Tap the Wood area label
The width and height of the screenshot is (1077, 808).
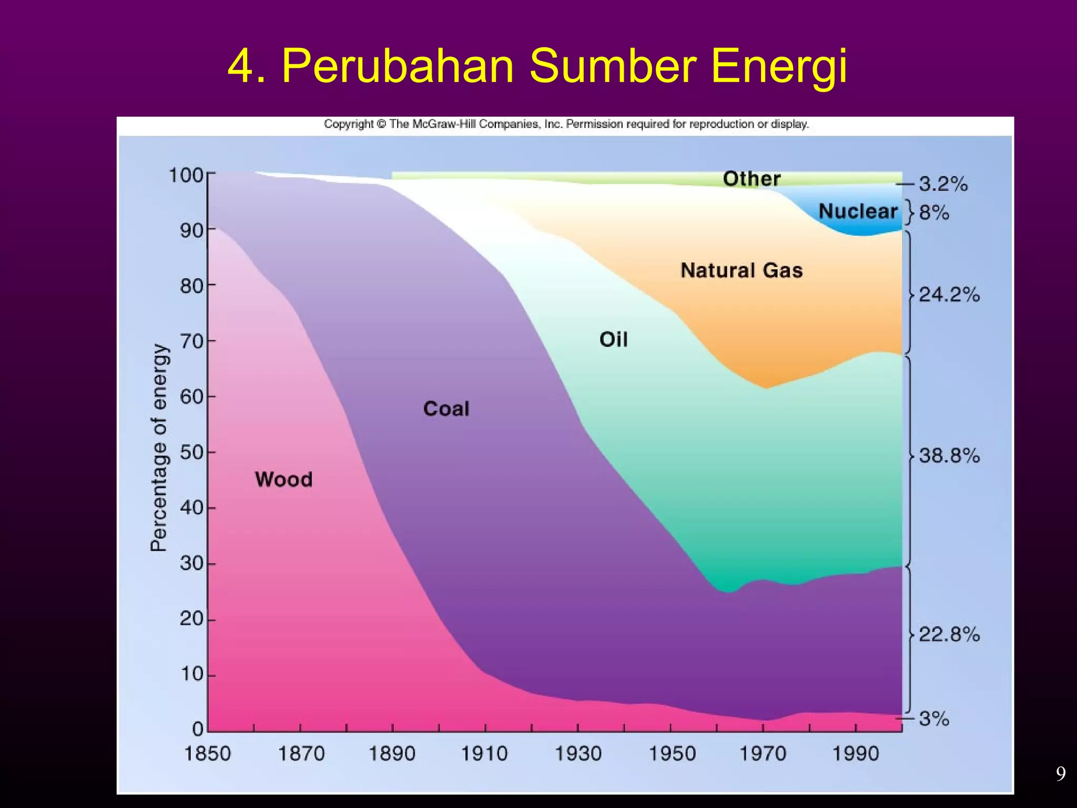pos(283,479)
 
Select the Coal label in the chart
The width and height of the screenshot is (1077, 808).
pos(446,409)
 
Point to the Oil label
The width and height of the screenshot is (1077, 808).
pos(613,339)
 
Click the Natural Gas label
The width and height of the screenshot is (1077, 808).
pos(741,270)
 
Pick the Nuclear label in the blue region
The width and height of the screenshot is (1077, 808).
pos(858,211)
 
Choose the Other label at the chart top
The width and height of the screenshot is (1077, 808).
pos(751,179)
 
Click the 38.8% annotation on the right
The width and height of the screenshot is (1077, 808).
pos(949,456)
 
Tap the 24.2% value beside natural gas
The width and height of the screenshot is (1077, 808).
pos(949,295)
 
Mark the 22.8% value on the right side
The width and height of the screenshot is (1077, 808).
pos(949,634)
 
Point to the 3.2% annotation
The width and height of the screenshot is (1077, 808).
pos(943,184)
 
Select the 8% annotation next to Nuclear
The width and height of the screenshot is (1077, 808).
pos(934,213)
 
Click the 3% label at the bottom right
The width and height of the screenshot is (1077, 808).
pos(934,719)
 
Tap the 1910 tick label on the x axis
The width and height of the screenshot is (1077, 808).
pos(484,754)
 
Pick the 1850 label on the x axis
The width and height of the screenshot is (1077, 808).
pos(207,754)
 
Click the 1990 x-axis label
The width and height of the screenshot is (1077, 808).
pos(856,754)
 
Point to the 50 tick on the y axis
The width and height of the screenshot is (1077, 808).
pos(191,452)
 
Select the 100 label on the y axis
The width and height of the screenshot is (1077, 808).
pos(186,175)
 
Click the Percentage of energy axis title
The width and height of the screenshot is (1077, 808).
pos(159,447)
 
